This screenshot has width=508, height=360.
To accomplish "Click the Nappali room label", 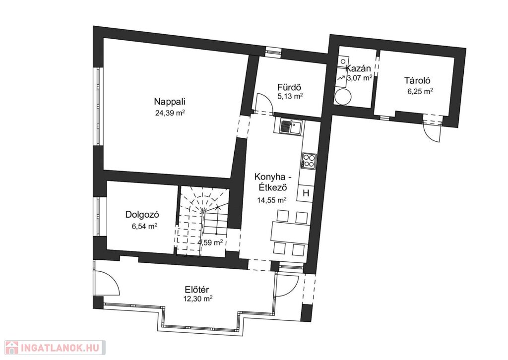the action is pos(170,102).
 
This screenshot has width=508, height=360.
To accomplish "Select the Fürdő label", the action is pos(290,87).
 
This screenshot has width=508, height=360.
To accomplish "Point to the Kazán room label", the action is pos(358,68).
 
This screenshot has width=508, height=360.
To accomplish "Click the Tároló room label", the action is pos(417,80).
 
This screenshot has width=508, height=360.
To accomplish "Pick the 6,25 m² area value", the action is pos(420,91).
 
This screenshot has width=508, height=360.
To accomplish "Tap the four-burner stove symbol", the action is pos(309,161).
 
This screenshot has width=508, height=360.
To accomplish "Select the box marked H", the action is pos(306,193).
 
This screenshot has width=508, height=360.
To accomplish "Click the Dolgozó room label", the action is pos(142,214).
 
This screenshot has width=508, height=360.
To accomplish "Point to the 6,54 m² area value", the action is pos(144,226).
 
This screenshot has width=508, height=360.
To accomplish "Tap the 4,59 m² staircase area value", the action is pos(210,242).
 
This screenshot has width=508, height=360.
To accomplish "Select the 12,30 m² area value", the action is pos(197,299).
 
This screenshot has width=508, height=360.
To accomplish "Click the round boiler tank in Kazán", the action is pos(343,96).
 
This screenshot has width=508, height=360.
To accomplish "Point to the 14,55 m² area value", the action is pos(271,200).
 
